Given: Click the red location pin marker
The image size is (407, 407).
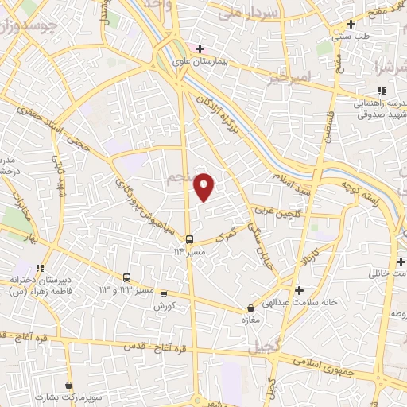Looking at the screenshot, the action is pyautogui.click(x=204, y=187).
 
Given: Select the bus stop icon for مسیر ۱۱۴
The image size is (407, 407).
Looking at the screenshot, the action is pyautogui.click(x=188, y=239).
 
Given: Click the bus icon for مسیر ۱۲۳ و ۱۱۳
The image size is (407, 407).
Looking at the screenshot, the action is pyautogui.click(x=127, y=277).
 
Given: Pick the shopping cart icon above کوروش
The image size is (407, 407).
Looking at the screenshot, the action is pyautogui.click(x=164, y=294).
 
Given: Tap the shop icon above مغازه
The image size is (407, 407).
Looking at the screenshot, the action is pyautogui.click(x=251, y=308).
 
